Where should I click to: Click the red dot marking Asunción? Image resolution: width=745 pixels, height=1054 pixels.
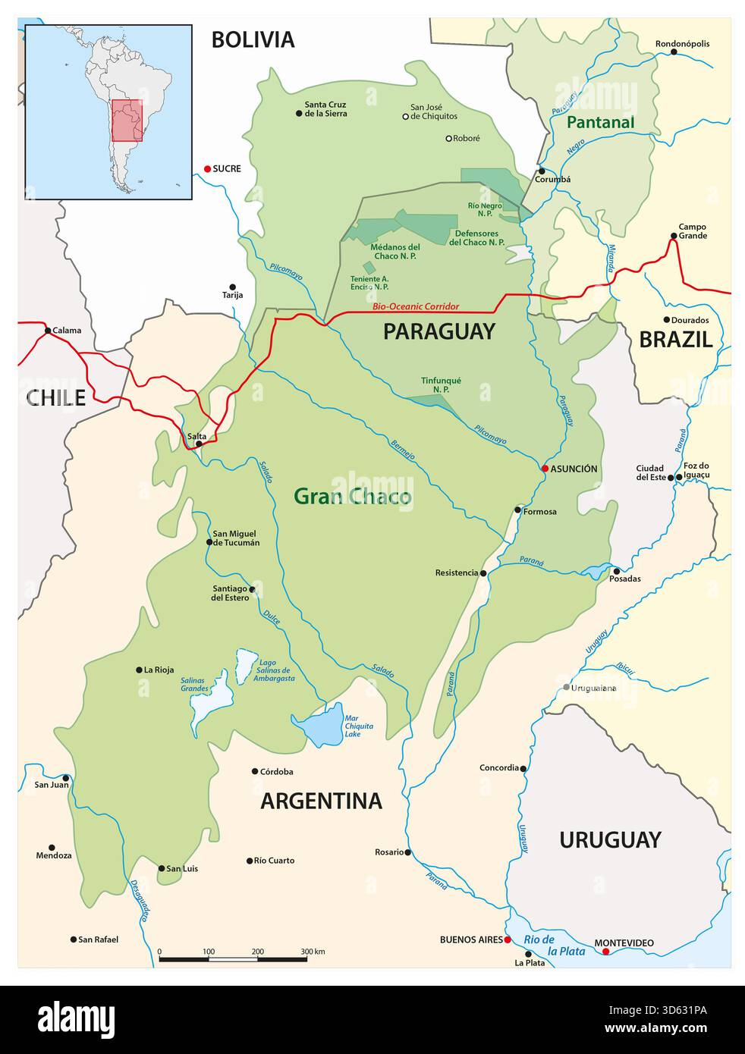tap(545, 469)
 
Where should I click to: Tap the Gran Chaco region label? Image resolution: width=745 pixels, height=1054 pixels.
tap(352, 497)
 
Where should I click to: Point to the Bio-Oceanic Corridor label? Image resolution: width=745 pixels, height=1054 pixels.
tap(416, 307)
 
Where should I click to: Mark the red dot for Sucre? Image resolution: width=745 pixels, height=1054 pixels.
tap(207, 168)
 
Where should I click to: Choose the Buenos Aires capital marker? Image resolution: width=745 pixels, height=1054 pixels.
tap(508, 940)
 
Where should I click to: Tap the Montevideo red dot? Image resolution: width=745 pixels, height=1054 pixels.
tap(605, 952)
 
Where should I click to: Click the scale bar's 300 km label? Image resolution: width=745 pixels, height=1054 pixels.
tap(313, 951)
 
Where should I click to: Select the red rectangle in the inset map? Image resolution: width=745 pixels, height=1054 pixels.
tap(127, 121)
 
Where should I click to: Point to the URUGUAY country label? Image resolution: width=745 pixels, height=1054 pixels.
tap(610, 839)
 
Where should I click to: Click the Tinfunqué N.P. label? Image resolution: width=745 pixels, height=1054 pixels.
tap(441, 384)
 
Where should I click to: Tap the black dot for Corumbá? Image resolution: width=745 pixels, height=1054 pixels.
tap(542, 171)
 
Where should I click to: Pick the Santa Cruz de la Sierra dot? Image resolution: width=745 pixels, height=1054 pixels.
tap(299, 113)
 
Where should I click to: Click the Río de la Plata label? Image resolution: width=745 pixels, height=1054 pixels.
tap(554, 945)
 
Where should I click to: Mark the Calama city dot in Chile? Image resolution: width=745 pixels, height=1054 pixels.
tap(47, 331)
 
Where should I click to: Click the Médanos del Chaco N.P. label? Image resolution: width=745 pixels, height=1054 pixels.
tap(395, 251)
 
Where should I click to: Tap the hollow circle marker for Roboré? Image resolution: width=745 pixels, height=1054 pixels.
tap(448, 138)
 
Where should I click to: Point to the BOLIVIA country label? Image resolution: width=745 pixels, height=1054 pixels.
tap(252, 39)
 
